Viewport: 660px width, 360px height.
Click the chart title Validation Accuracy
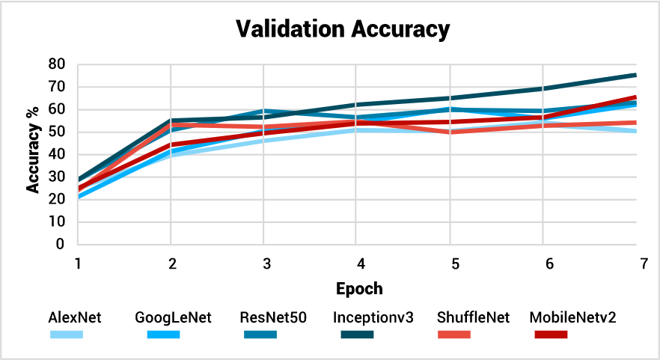point(343,29)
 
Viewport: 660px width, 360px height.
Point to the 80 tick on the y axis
point(56,64)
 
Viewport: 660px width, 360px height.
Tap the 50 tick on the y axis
point(56,132)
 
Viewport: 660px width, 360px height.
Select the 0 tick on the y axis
point(60,245)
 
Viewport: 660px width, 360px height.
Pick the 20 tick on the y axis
point(56,200)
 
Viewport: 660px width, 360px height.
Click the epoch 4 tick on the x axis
point(361,264)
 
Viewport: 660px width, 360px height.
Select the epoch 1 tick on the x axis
point(78,264)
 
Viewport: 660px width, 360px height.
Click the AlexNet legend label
point(75,317)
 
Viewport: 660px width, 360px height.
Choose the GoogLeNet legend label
point(174,317)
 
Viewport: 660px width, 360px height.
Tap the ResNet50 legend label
point(275,317)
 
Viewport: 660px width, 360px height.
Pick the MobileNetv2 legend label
point(573,317)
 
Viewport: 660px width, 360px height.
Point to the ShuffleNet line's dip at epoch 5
point(450,132)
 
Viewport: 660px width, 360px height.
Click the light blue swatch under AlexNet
point(67,334)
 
